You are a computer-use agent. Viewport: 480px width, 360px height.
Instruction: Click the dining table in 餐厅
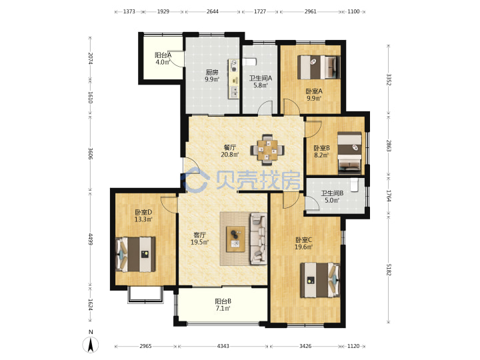pyautogui.click(x=267, y=150)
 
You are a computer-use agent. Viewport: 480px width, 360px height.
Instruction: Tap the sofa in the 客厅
pyautogui.click(x=259, y=239)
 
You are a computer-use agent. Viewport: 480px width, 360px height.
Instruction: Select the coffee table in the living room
pyautogui.click(x=235, y=239)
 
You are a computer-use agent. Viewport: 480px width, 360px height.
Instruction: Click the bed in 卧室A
pyautogui.click(x=319, y=67)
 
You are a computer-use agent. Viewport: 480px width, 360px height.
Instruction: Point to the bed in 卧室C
pyautogui.click(x=320, y=280)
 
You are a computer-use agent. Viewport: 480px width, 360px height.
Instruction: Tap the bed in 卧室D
pyautogui.click(x=135, y=254)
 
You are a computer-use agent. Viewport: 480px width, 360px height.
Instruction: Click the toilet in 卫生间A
pyautogui.click(x=249, y=62)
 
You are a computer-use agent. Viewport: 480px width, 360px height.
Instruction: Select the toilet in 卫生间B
pyautogui.click(x=354, y=185)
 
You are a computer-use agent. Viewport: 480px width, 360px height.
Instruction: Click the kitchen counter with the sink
pyautogui.click(x=233, y=79)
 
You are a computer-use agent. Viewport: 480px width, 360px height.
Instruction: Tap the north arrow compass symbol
pyautogui.click(x=90, y=345)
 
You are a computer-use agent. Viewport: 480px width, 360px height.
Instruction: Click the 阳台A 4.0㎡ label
pyautogui.click(x=163, y=59)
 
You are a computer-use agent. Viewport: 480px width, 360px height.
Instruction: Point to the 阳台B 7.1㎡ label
pyautogui.click(x=223, y=305)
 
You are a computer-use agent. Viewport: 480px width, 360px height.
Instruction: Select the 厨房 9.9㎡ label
pyautogui.click(x=212, y=76)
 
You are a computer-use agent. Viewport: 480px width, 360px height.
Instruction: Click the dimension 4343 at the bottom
pyautogui.click(x=223, y=346)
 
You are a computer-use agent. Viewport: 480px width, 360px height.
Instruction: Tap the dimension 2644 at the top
pyautogui.click(x=213, y=11)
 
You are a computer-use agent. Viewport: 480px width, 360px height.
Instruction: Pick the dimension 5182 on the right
pyautogui.click(x=389, y=269)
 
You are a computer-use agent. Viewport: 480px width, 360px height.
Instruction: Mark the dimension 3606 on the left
pyautogui.click(x=90, y=153)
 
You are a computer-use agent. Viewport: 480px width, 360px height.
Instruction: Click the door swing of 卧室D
pyautogui.click(x=169, y=204)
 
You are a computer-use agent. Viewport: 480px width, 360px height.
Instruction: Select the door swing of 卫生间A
pyautogui.click(x=265, y=107)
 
